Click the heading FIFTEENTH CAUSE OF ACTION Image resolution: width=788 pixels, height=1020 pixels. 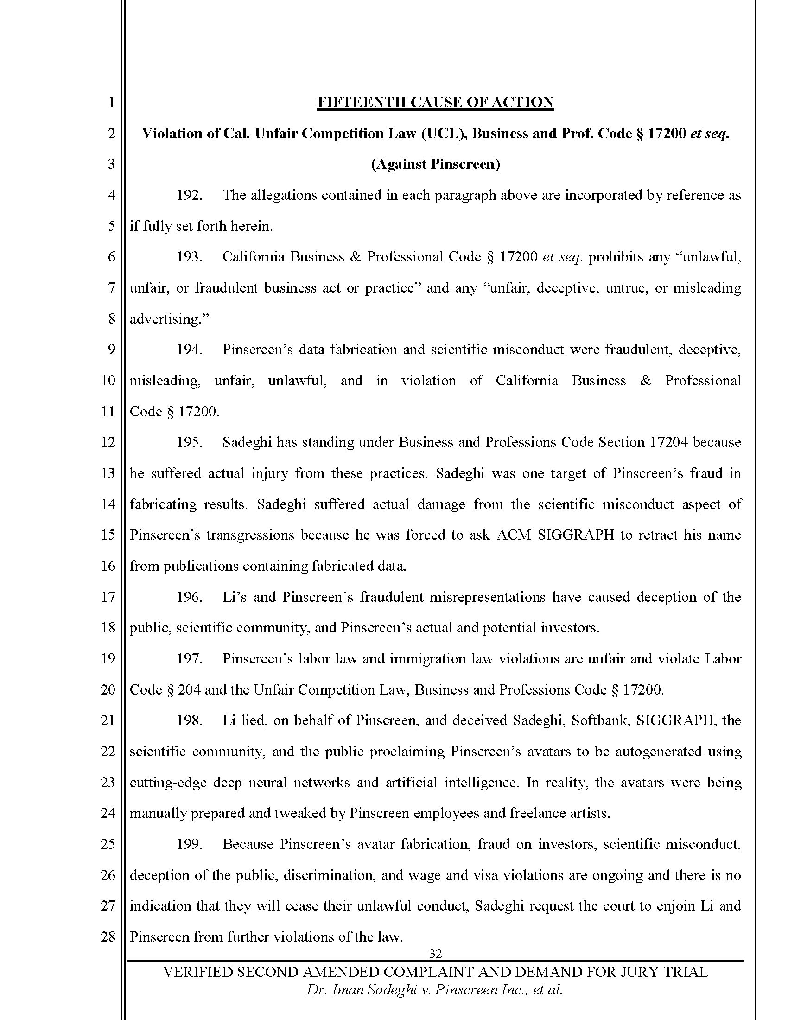435,102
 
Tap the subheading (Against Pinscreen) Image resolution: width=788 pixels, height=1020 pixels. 435,165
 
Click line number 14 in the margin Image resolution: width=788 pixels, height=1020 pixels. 108,504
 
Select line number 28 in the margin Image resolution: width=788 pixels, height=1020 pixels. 108,937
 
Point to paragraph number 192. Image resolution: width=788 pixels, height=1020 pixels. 189,195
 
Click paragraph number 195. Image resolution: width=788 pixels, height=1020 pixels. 189,442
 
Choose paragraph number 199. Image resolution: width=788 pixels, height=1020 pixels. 189,844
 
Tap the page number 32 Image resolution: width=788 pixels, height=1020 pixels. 435,953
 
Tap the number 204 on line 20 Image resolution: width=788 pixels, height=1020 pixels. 189,690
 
